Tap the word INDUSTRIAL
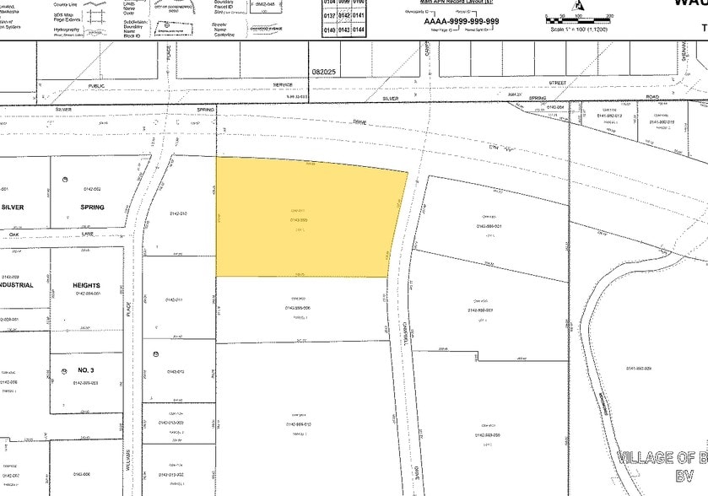tap(17, 285)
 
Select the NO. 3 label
tap(87, 370)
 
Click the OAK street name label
tap(13, 235)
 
